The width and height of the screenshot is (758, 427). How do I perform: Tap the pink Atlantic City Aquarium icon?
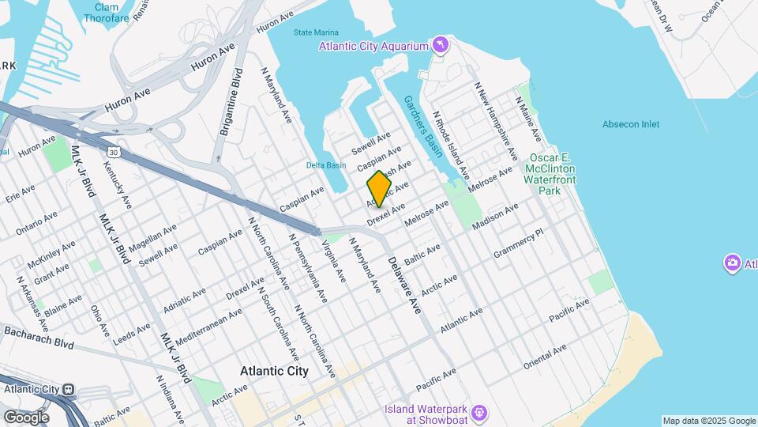coord(440,45)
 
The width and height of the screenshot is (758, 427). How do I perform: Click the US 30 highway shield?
coord(114,151)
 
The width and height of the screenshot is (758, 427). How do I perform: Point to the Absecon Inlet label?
coord(630,124)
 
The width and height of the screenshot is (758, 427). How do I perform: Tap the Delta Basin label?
coord(326,165)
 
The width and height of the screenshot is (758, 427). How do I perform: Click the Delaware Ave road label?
coord(405,285)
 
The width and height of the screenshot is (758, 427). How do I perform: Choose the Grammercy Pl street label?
coord(519,244)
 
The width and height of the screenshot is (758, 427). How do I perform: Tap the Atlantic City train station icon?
coord(69,389)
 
